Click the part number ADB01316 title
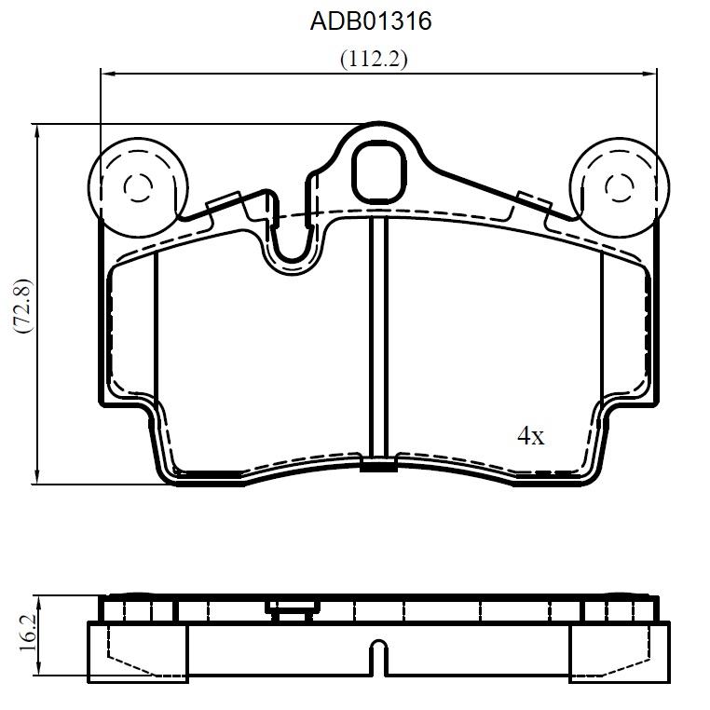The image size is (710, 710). pyautogui.click(x=371, y=21)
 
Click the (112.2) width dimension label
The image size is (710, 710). pyautogui.click(x=374, y=59)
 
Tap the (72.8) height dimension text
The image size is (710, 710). pyautogui.click(x=22, y=307)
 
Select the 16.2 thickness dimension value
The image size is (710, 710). pyautogui.click(x=28, y=639)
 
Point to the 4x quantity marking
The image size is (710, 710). pyautogui.click(x=531, y=436)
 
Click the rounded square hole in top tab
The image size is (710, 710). pyautogui.click(x=379, y=171)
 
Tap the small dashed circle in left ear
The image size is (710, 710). pyautogui.click(x=138, y=187)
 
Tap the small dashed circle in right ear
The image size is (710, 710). pyautogui.click(x=619, y=187)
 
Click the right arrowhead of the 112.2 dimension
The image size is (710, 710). pyautogui.click(x=650, y=73)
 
